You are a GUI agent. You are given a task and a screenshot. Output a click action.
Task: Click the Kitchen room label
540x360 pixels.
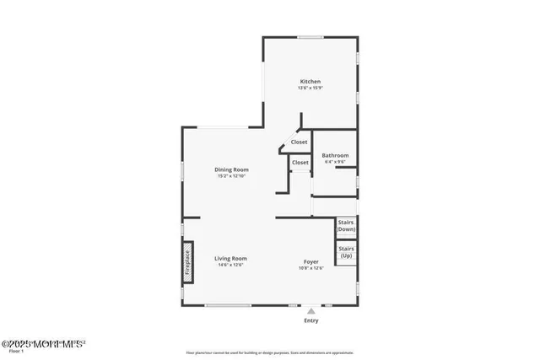310,82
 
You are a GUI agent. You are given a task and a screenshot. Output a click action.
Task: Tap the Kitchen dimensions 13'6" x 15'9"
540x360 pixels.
310,89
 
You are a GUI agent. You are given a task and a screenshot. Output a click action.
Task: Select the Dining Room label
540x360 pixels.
231,169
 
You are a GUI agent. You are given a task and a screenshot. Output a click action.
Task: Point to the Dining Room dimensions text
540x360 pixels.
231,176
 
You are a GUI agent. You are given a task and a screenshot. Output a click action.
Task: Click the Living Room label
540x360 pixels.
230,258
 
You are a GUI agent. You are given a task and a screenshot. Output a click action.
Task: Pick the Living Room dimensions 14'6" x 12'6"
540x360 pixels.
230,265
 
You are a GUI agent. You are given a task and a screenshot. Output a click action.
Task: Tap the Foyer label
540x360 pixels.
311,262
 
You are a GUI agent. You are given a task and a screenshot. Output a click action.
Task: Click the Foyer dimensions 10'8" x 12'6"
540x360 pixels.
311,269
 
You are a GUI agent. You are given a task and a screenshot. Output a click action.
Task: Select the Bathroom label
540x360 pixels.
335,155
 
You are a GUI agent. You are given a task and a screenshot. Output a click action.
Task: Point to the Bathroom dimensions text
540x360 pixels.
335,162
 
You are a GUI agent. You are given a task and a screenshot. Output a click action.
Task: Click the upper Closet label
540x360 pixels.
300,142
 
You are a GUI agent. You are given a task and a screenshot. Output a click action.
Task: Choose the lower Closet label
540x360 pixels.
300,162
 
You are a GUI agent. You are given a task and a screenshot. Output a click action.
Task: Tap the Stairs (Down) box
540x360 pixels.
346,226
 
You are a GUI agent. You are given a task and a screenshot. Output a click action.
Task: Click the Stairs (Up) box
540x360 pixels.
346,251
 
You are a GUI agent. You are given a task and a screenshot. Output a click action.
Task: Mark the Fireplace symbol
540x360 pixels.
189,262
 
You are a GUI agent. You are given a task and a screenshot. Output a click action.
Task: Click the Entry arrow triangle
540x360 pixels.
311,311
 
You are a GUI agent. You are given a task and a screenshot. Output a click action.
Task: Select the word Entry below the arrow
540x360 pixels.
311,321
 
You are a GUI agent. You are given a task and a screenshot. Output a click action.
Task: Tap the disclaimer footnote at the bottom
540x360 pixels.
269,353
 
